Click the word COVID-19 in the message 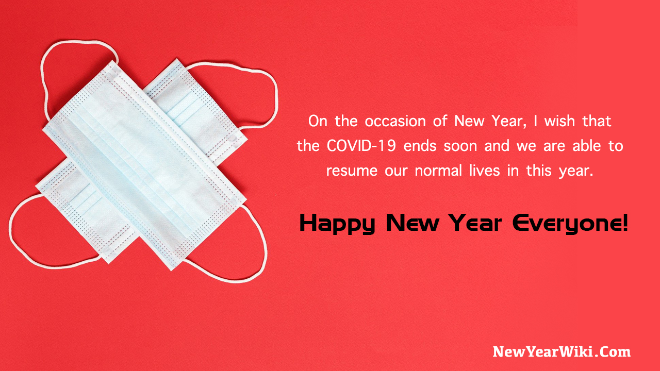point(362,146)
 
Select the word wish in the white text point(548,122)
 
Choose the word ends point(420,146)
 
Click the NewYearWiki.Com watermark point(562,352)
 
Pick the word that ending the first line point(597,122)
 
